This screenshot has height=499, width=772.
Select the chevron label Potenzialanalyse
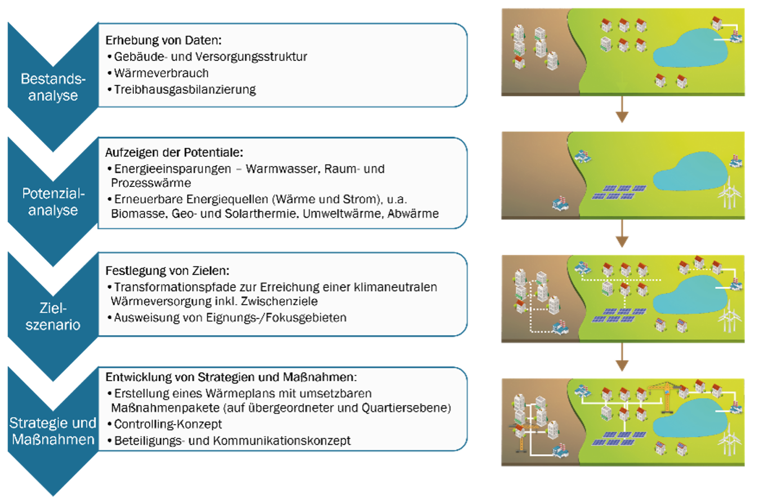pos(53,202)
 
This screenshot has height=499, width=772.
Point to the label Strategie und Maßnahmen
pos(53,431)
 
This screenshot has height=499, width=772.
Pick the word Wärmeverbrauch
pos(161,73)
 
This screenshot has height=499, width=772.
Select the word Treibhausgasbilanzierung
pos(185,90)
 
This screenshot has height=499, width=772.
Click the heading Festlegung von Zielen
pos(167,270)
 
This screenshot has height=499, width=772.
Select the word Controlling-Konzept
pos(168,424)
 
